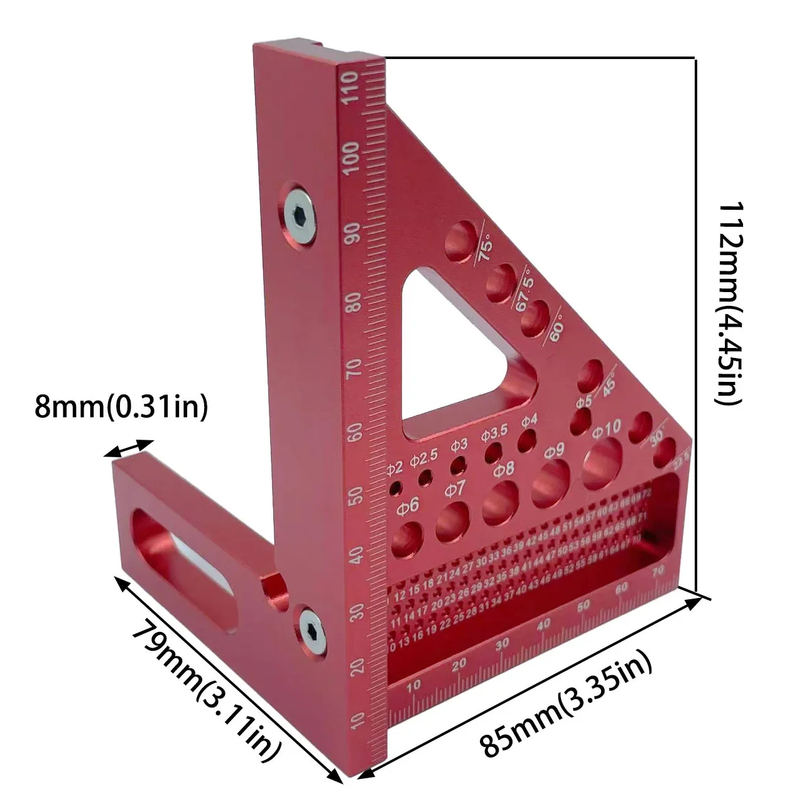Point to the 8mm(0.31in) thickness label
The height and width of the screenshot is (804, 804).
click(121, 407)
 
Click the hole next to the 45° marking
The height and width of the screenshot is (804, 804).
click(589, 376)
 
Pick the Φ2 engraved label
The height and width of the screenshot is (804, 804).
click(394, 467)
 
